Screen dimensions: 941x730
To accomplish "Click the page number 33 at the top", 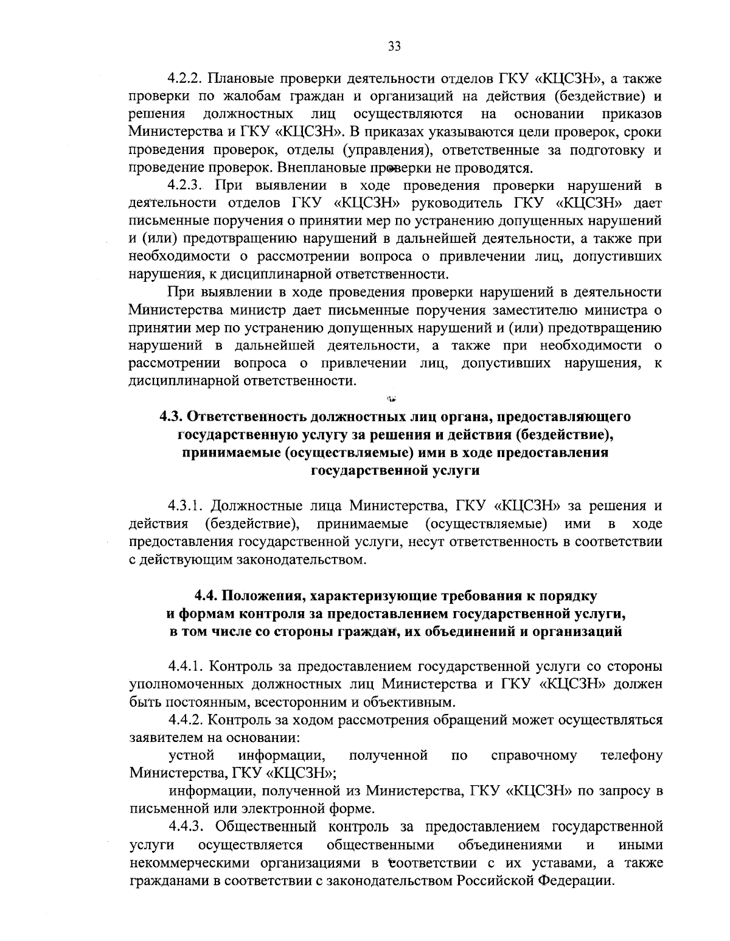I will tap(394, 46).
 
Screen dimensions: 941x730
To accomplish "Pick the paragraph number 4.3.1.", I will tap(188, 506).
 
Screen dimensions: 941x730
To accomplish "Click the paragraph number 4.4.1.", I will tap(188, 666).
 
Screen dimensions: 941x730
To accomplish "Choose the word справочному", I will tap(534, 755).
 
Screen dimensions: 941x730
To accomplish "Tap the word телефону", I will tap(631, 755).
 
